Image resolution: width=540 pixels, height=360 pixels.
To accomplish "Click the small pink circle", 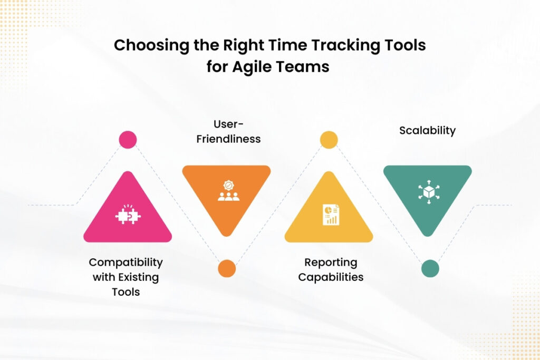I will (128, 140).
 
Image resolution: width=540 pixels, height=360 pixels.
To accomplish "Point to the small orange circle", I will (227, 268).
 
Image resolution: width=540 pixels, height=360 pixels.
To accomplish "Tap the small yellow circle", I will (329, 140).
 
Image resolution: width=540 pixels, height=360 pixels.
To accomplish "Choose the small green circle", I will (430, 268).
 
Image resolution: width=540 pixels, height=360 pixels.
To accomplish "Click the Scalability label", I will (427, 131).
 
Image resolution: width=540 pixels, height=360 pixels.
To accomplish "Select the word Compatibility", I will (126, 262).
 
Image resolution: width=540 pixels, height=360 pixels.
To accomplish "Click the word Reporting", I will (331, 262).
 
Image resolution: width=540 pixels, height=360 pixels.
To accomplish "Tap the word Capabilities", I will (331, 277).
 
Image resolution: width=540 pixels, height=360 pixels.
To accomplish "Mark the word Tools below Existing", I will (126, 291).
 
